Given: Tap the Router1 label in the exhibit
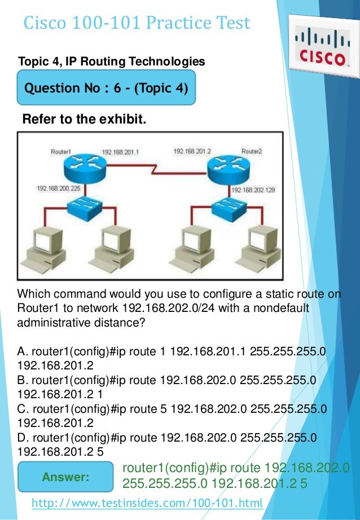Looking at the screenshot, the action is (60, 152).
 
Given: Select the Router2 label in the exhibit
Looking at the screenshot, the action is (251, 151).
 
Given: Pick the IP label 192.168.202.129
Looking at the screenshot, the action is (253, 191).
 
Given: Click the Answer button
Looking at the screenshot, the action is (66, 477).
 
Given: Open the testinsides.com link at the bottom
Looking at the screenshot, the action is (147, 503).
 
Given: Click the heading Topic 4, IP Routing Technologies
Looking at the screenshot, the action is (111, 60).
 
